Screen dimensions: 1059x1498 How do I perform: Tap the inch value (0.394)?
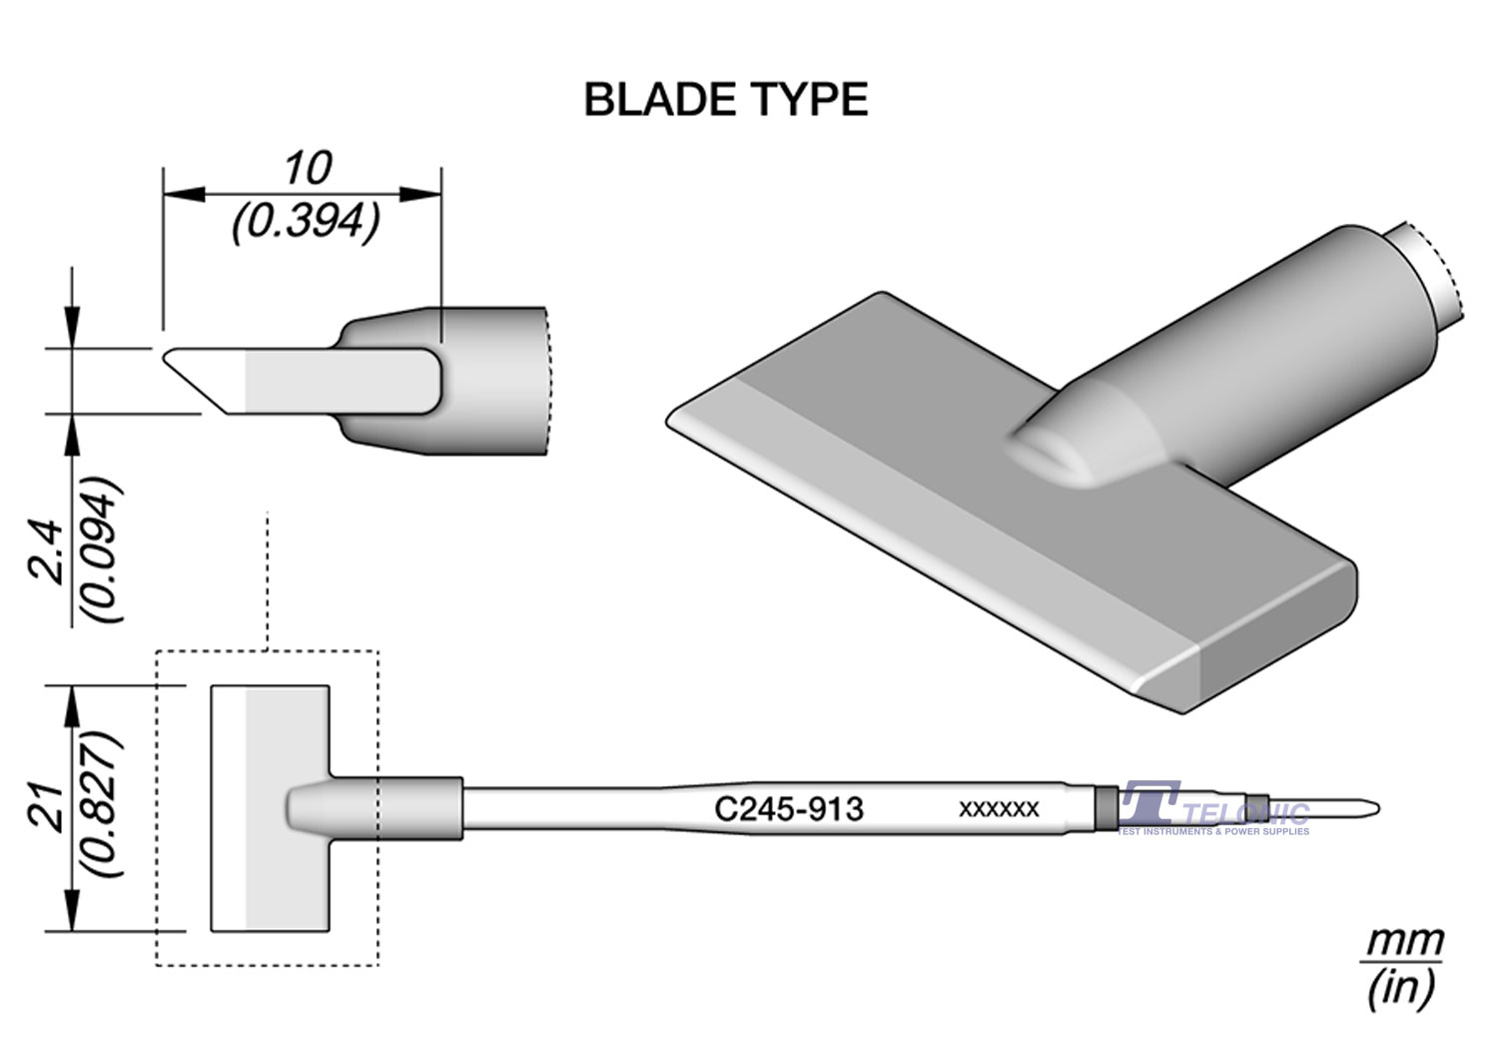(x=307, y=222)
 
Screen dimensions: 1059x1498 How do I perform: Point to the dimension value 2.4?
(x=48, y=551)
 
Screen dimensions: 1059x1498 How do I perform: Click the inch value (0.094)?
(x=103, y=551)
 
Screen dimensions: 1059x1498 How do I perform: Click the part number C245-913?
(x=788, y=808)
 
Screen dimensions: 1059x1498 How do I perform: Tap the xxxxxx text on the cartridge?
(x=999, y=808)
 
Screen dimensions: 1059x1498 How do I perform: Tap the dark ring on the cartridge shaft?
(x=1105, y=807)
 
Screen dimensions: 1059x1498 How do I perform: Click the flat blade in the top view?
(x=270, y=807)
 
